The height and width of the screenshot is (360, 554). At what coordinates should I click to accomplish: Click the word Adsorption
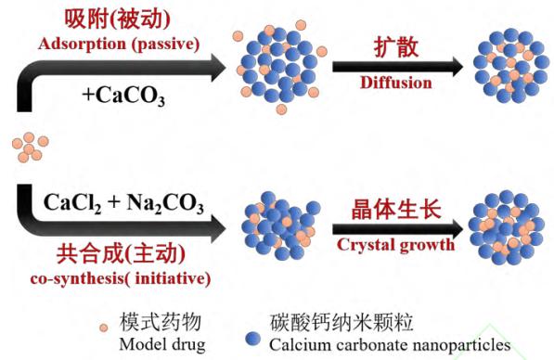(x=82, y=45)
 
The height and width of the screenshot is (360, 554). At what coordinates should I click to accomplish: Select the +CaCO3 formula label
(x=123, y=96)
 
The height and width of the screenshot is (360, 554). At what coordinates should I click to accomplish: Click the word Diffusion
(x=395, y=83)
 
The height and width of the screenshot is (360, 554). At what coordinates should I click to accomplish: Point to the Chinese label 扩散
(x=396, y=47)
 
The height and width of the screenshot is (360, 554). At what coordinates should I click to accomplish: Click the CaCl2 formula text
(x=72, y=204)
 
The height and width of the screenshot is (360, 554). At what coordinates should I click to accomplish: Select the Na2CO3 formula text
(x=165, y=204)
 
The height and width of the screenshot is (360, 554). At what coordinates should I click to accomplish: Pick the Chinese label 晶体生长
(x=396, y=210)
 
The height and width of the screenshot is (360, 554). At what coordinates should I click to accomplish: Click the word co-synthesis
(x=77, y=279)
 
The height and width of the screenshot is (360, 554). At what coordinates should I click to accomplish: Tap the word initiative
(x=171, y=278)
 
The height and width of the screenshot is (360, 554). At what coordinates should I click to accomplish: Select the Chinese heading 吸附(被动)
(x=117, y=19)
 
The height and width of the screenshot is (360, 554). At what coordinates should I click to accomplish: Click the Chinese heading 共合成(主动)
(x=121, y=253)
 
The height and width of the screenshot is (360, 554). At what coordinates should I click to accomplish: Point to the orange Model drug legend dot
(x=104, y=328)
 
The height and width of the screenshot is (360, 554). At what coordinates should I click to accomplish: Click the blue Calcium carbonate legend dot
(x=252, y=339)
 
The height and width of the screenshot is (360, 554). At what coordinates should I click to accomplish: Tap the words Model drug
(x=162, y=344)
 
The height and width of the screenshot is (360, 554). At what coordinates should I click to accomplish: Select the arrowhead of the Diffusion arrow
(x=457, y=67)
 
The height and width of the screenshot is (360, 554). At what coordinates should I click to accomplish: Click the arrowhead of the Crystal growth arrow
(x=457, y=229)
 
